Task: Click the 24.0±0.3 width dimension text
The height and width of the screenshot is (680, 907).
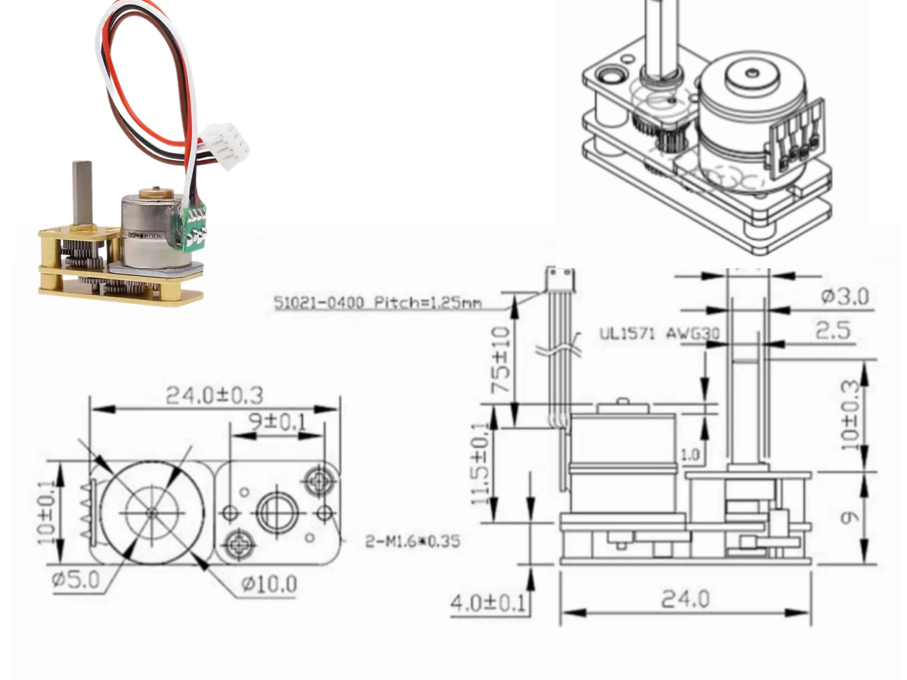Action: tap(214, 395)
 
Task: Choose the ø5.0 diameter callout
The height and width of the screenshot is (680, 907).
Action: tap(76, 580)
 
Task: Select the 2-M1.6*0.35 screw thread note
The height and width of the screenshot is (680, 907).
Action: tap(412, 541)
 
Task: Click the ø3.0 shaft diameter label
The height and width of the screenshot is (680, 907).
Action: tap(845, 296)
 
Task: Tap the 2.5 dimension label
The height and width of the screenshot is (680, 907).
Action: tap(833, 331)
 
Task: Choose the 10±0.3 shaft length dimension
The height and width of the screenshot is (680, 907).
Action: tap(850, 416)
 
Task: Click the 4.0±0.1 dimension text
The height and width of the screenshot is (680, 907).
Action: tap(487, 603)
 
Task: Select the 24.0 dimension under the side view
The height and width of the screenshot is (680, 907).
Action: tap(685, 599)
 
